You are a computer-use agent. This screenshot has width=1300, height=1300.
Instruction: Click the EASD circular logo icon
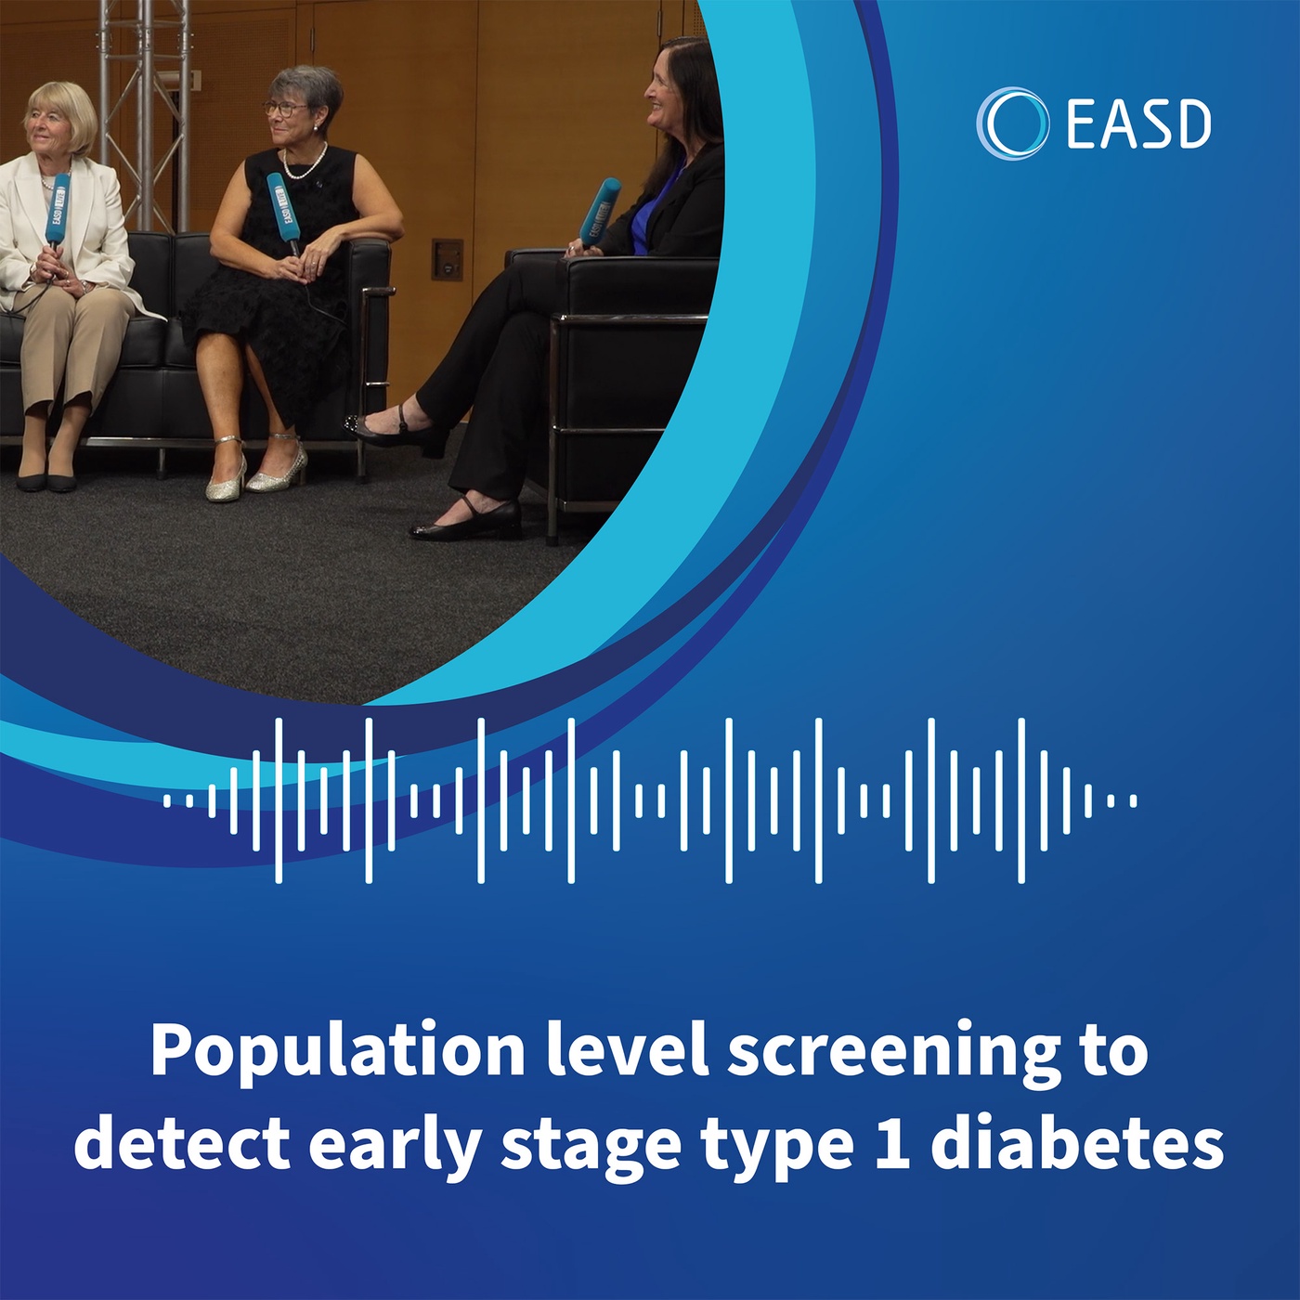pos(1012,123)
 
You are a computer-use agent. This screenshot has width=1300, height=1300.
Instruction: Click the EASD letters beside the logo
pos(1138,125)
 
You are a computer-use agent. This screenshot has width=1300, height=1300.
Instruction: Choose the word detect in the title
pos(182,1144)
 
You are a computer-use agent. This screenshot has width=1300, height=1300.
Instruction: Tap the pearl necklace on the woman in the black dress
pos(305,166)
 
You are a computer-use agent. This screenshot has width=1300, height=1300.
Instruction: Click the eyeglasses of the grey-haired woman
pos(286,109)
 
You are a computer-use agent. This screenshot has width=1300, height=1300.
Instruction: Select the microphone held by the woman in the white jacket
pos(57,211)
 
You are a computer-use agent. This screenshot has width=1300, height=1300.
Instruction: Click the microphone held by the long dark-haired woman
pos(600,211)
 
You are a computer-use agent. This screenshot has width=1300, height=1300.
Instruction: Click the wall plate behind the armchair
pos(448,259)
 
